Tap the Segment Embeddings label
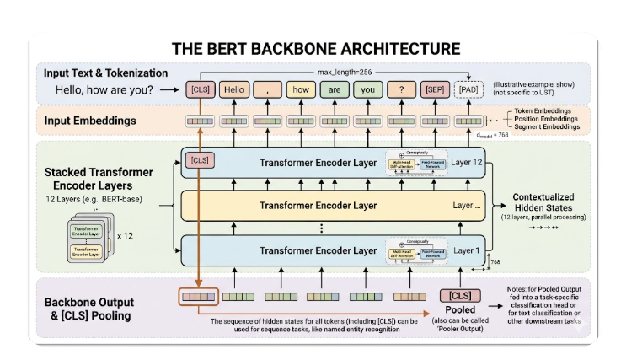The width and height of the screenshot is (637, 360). tap(549, 131)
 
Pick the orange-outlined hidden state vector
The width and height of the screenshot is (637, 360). tap(199, 296)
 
